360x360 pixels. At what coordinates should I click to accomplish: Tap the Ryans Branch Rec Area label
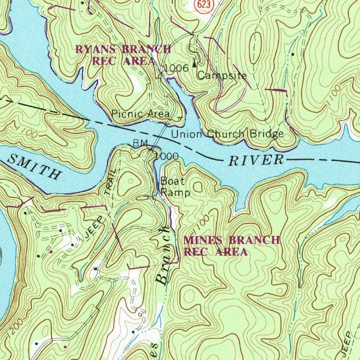click(123, 55)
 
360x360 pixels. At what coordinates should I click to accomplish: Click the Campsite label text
click(221, 75)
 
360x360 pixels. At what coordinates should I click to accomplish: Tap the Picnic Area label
click(140, 114)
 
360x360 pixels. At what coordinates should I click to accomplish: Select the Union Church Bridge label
click(227, 134)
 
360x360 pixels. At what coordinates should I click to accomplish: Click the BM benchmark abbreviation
click(139, 143)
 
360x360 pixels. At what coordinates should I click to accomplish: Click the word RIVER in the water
click(256, 160)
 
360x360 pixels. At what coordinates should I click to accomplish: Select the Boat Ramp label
click(175, 187)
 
